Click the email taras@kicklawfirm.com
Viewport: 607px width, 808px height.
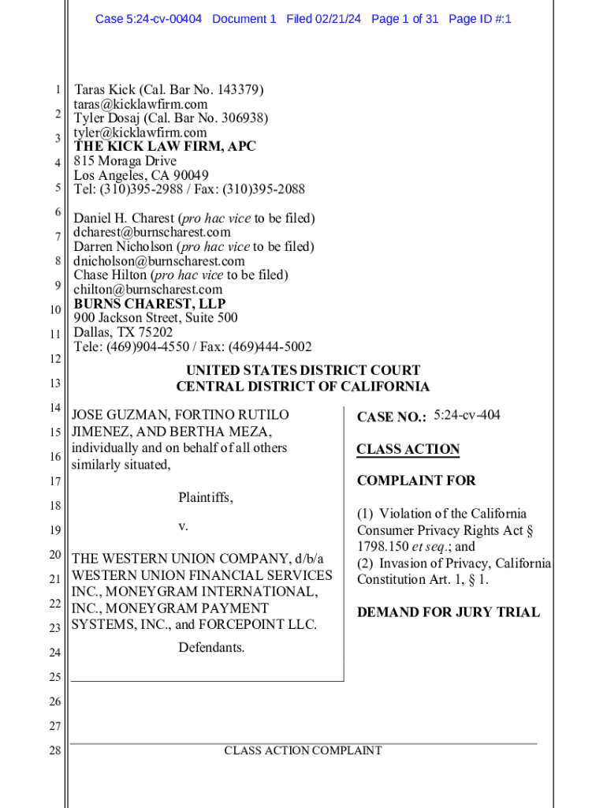140,104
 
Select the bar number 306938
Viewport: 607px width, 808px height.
242,118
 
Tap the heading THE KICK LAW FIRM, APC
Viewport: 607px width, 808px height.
165,147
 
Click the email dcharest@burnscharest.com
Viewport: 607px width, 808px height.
152,232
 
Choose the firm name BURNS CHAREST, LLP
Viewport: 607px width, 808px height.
150,304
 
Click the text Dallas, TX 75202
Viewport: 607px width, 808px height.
123,332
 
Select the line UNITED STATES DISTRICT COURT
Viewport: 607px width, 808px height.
303,370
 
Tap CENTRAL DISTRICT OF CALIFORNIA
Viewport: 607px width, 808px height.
303,387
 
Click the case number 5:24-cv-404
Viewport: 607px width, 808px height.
467,415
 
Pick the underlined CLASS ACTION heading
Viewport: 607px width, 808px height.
408,449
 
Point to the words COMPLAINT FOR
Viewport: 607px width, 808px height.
416,481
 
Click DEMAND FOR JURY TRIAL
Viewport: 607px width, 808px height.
448,612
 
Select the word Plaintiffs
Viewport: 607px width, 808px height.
205,498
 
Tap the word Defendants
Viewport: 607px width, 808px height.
211,648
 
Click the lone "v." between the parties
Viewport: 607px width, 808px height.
183,526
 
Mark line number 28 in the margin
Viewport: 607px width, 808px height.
54,751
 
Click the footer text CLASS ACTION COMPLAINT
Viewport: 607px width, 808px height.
303,751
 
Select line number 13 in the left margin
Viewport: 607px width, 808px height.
54,383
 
